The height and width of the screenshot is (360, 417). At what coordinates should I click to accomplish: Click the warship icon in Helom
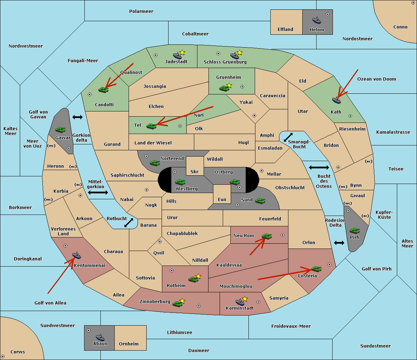tap(317, 20)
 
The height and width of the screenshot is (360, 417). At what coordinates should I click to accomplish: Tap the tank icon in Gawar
tap(60, 129)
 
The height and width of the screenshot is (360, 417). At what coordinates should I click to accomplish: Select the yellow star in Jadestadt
tap(182, 52)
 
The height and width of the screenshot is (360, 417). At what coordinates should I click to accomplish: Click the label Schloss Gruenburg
tap(225, 62)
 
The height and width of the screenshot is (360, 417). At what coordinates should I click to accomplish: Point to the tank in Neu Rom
tap(267, 236)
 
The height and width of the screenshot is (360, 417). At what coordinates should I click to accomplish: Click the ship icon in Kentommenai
tap(76, 256)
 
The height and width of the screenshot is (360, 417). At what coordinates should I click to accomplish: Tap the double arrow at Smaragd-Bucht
tap(288, 137)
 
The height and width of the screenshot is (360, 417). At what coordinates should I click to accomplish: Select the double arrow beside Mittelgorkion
tap(98, 192)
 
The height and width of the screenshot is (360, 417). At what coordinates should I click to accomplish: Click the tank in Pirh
tap(355, 231)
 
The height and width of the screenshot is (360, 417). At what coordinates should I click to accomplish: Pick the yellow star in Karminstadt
tap(245, 299)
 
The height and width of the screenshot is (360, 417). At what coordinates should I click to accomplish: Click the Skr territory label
tap(195, 171)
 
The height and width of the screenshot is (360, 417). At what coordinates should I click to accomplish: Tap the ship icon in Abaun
tap(100, 337)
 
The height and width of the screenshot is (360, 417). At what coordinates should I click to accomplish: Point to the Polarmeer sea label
tap(141, 11)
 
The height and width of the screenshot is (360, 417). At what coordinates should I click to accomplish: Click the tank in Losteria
tap(316, 269)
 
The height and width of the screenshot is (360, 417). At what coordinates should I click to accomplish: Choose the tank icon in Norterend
tap(155, 162)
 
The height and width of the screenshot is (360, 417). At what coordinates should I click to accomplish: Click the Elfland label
tap(285, 30)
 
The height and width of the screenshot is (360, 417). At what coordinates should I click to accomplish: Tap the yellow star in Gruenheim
tap(229, 85)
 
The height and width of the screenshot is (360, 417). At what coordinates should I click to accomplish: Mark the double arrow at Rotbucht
tap(129, 223)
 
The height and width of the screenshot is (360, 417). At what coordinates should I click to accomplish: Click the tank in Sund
tap(260, 201)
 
